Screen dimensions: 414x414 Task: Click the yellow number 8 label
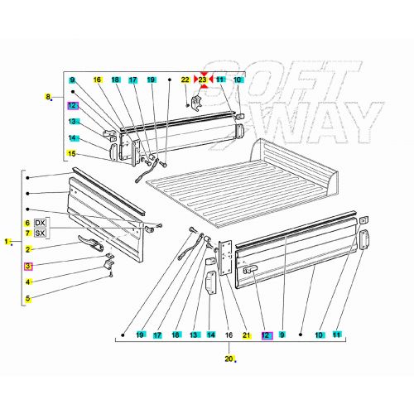48,97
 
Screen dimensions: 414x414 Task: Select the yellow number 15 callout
73,154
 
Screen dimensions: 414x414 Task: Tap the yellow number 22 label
185,79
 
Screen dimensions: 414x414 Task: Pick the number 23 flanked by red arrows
203,79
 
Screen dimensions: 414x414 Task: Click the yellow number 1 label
7,242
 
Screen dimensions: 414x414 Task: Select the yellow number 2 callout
27,249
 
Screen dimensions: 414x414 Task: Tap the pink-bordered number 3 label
27,266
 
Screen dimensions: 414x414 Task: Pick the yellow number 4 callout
27,282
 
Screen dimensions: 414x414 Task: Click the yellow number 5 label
27,298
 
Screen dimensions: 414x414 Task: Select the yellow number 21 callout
246,335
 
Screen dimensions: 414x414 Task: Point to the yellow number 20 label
229,359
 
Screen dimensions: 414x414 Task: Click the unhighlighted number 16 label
229,335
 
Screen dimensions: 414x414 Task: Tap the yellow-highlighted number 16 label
97,79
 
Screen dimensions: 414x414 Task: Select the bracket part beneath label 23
198,103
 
